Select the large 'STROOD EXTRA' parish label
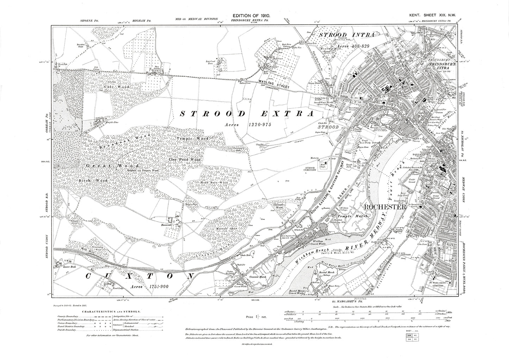[x=247, y=114]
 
